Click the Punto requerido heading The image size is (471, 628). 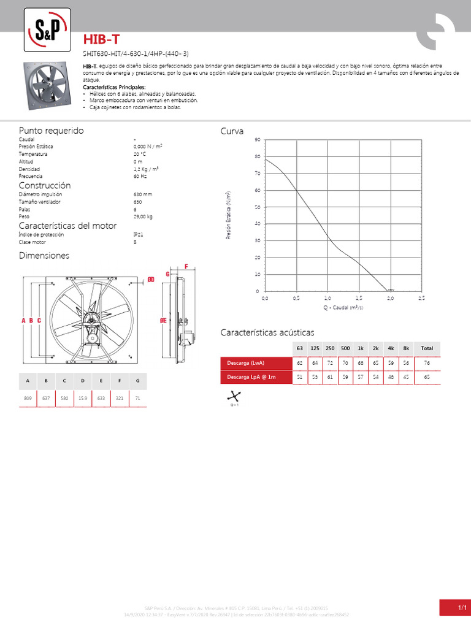coord(51,131)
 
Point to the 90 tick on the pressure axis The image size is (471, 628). coord(258,140)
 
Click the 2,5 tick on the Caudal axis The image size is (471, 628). coord(421,297)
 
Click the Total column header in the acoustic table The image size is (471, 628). coord(427,348)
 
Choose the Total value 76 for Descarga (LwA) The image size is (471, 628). coord(427,364)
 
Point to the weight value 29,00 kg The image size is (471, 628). coord(143,216)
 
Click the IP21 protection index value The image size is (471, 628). coord(139,234)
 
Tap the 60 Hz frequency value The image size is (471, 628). coord(139,176)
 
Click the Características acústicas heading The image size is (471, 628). coord(267,332)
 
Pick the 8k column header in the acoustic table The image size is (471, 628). coord(405,348)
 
